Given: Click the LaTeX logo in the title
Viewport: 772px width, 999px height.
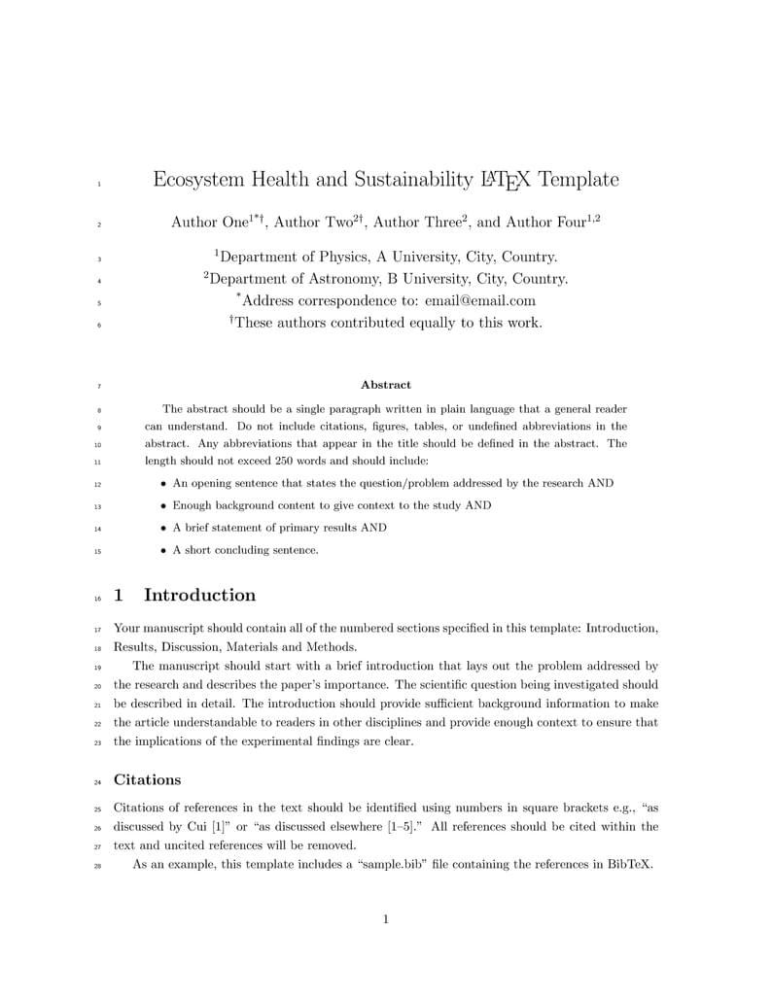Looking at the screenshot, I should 506,180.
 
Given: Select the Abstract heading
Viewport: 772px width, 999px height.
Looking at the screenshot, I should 386,385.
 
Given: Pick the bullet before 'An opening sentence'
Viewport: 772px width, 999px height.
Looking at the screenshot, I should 163,484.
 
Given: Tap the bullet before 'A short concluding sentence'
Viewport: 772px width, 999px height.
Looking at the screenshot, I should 163,551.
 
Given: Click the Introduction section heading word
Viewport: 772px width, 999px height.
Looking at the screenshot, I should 199,596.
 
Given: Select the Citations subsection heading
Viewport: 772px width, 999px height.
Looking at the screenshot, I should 147,779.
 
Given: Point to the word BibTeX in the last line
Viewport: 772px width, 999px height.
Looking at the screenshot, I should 629,864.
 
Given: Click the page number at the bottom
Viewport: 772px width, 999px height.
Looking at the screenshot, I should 386,919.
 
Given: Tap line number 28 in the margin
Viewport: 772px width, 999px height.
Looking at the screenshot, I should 97,865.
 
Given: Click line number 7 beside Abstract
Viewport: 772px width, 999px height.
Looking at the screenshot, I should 98,387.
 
